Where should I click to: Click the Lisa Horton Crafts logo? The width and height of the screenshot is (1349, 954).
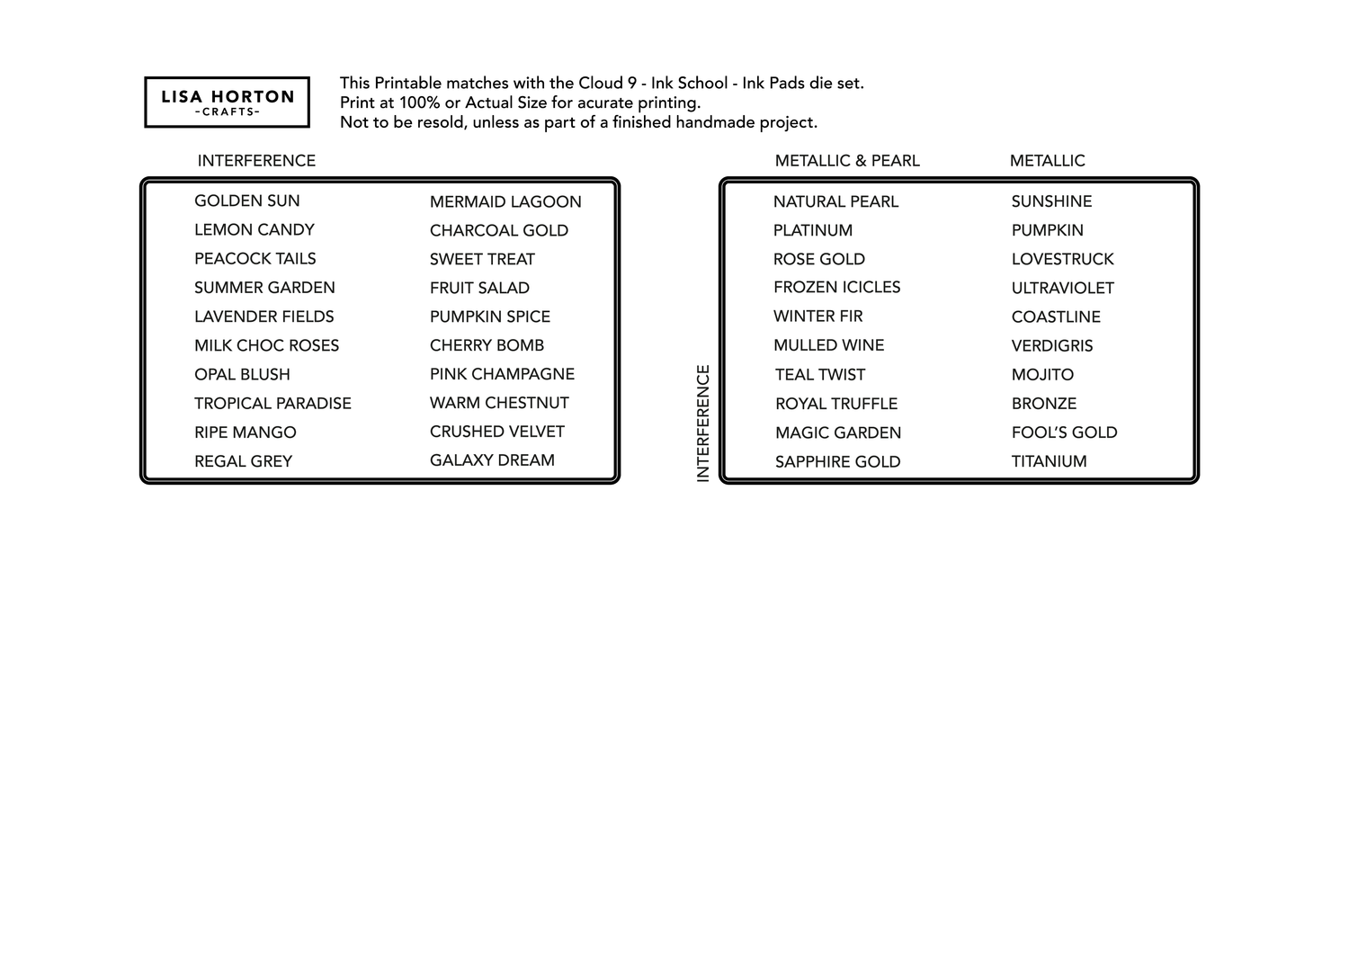(x=227, y=102)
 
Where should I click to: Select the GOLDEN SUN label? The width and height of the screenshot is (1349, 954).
(x=247, y=201)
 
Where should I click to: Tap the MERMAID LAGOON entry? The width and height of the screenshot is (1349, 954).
(x=505, y=202)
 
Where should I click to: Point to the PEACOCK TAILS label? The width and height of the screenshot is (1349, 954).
(x=255, y=259)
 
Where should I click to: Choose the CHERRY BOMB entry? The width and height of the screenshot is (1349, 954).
(x=487, y=345)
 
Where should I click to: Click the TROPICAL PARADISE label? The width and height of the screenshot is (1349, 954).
(x=272, y=404)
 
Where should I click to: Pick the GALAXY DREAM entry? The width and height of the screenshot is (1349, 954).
(x=492, y=460)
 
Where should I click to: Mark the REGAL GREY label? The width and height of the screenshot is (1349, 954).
(x=243, y=461)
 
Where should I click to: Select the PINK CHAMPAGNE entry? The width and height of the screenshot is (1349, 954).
(x=502, y=374)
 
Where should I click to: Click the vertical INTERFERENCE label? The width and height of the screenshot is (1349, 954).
(x=703, y=424)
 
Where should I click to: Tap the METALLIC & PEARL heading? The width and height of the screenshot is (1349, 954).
(x=847, y=161)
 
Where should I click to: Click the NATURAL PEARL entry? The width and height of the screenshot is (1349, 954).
(x=835, y=202)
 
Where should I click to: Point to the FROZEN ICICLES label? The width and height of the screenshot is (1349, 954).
(x=836, y=288)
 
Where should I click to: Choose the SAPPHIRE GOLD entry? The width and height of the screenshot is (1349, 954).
(x=837, y=462)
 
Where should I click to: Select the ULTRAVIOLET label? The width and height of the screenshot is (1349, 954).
(x=1062, y=289)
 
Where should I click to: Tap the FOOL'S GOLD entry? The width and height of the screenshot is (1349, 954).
(x=1064, y=432)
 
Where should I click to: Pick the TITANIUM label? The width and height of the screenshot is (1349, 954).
(x=1049, y=461)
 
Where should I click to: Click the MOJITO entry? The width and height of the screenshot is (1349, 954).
(x=1042, y=375)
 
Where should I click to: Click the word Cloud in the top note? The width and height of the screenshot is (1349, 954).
(x=601, y=84)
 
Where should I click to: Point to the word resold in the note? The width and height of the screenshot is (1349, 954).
(x=440, y=122)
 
